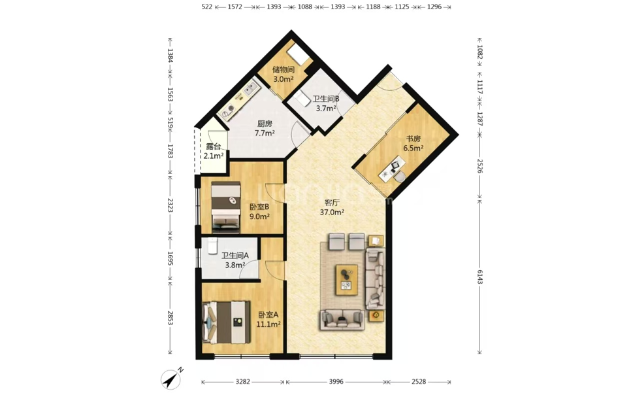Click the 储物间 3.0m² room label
tap(284, 75)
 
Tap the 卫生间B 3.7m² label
tap(326, 103)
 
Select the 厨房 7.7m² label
tap(265, 128)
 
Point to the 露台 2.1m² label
tap(213, 151)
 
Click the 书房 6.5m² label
tap(414, 143)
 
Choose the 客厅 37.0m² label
tap(332, 207)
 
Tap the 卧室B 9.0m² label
tap(259, 212)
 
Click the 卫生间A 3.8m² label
tap(235, 260)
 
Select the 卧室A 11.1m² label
tap(268, 319)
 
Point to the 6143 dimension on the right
tap(479, 276)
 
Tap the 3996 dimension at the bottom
tap(336, 381)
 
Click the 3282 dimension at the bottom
tap(243, 381)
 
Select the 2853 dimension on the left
tap(170, 318)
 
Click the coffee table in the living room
tap(346, 280)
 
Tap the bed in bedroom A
tap(226, 322)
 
